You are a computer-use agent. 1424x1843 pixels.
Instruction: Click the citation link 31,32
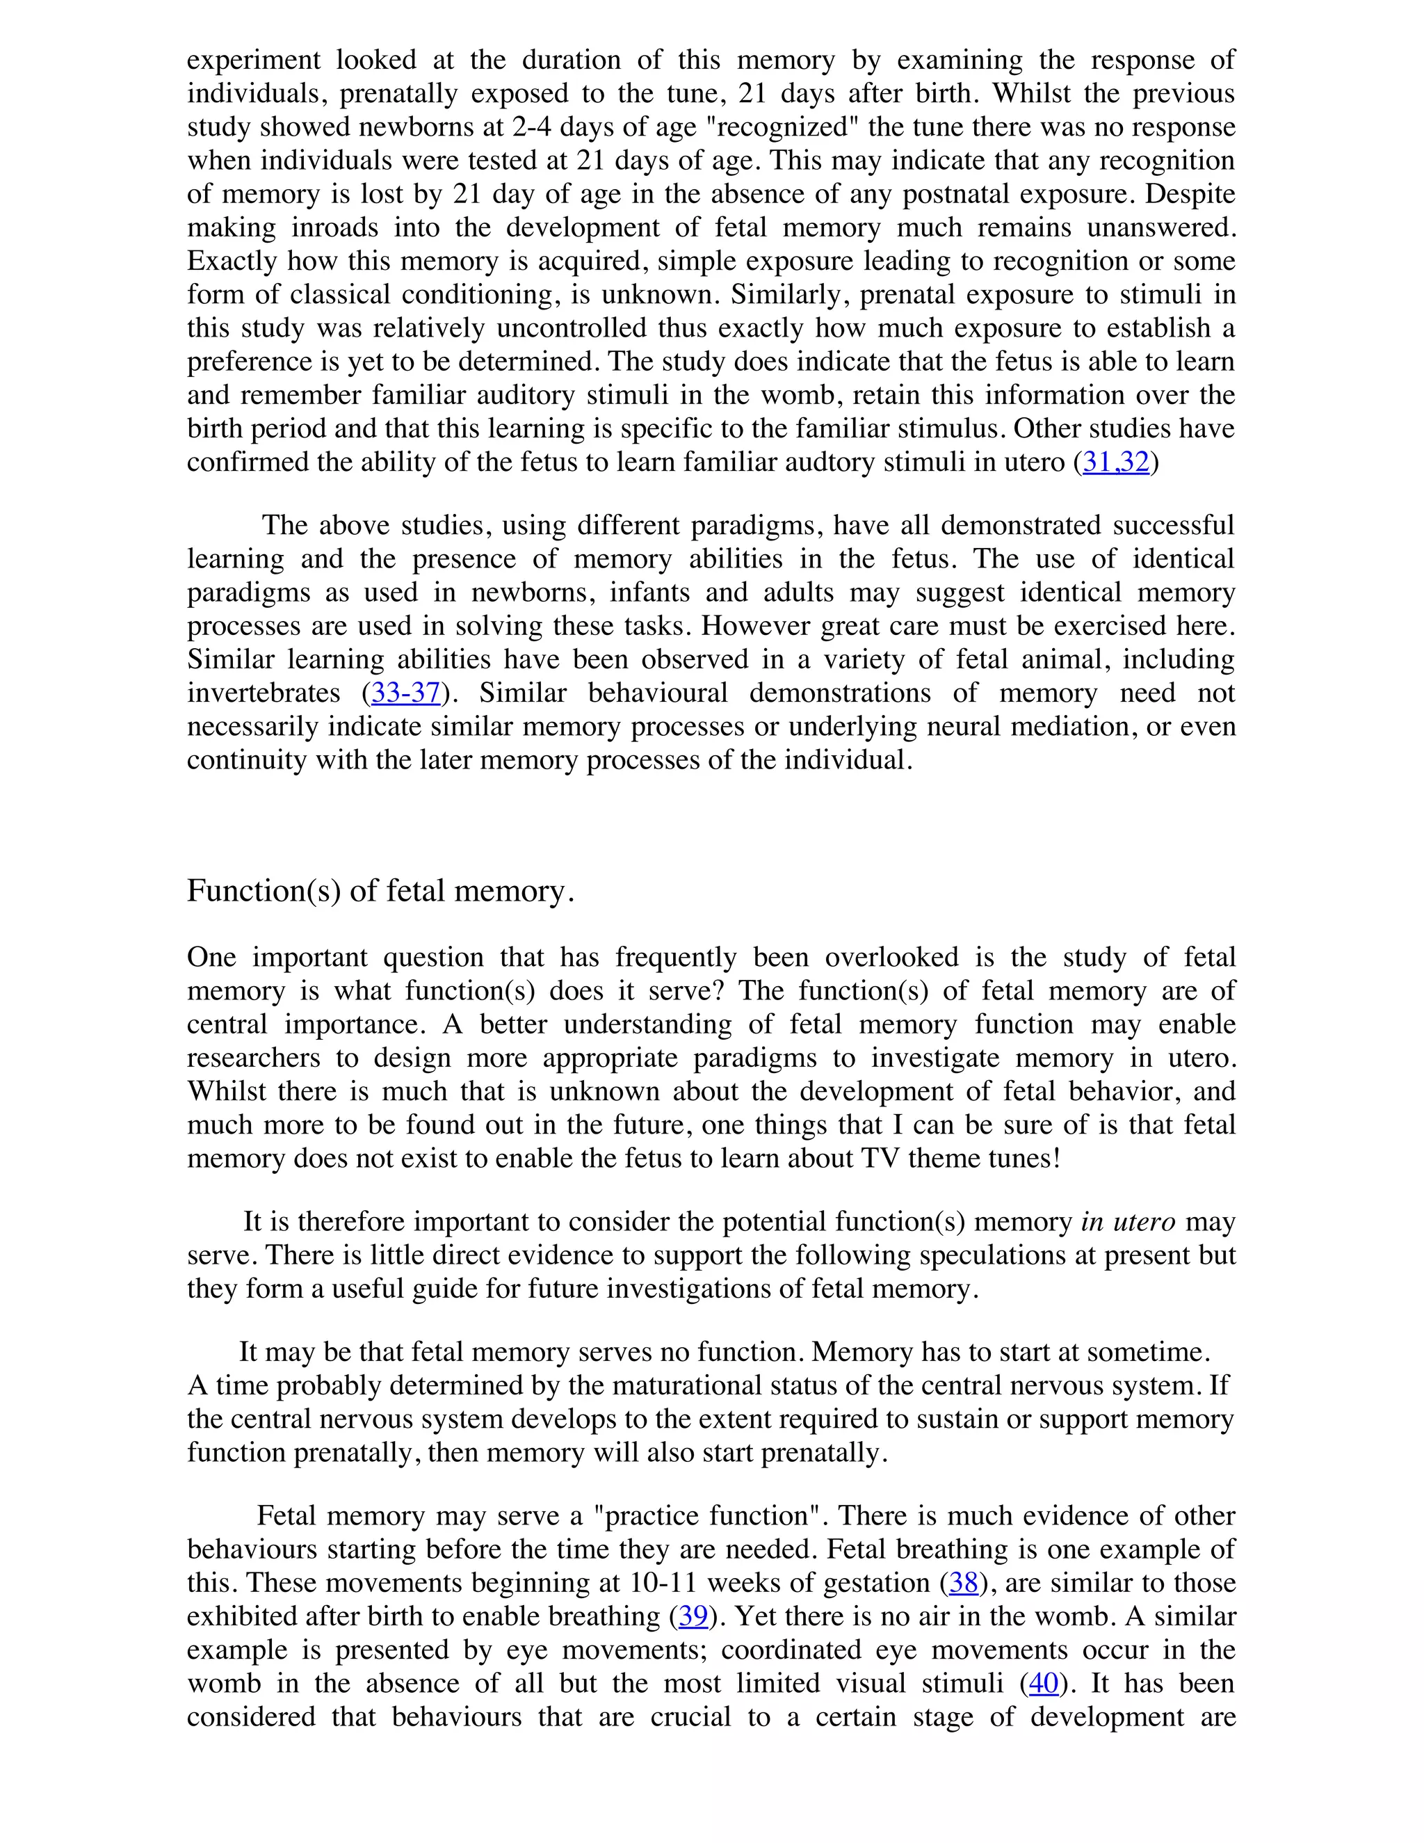tap(1115, 462)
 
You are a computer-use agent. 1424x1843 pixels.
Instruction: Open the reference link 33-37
tap(406, 693)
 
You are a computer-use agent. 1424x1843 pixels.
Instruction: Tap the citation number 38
tap(964, 1582)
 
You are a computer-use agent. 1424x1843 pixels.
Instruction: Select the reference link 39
tap(693, 1616)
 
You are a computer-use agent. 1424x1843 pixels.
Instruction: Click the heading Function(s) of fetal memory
tap(380, 890)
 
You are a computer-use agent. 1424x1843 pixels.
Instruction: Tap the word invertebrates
tap(264, 693)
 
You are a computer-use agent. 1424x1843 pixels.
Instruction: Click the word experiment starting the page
tap(253, 60)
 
